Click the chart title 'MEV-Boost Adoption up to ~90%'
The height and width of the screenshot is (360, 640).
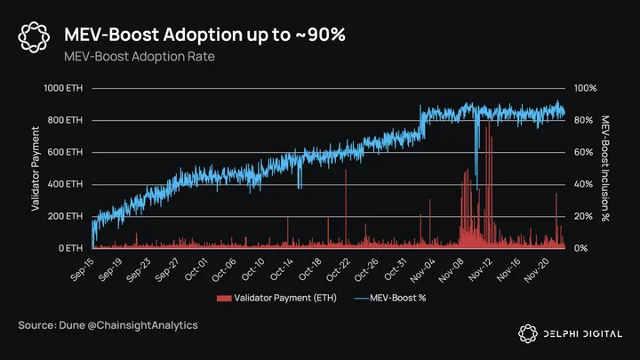205,35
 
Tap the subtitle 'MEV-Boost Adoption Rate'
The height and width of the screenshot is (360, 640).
140,56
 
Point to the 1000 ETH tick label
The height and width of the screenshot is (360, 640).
63,88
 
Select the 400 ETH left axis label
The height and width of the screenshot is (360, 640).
65,184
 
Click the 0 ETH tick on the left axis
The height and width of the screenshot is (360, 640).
70,248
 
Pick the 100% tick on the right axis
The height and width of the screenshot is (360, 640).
585,88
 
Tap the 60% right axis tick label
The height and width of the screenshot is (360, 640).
583,152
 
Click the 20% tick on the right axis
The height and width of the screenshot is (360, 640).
583,216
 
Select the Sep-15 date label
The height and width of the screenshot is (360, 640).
82,269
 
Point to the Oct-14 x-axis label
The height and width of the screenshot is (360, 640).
282,269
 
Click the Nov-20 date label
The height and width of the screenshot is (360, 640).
536,270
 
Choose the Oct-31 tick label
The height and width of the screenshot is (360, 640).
396,269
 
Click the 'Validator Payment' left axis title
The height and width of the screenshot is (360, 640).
36,169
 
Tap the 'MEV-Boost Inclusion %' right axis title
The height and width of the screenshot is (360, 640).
605,169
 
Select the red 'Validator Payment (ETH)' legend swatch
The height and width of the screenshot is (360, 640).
224,299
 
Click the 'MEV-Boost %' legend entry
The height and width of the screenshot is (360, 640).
390,299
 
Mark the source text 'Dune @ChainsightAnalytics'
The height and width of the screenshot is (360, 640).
128,325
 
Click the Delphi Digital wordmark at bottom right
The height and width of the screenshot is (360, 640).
583,334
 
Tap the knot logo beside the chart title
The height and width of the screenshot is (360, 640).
34,37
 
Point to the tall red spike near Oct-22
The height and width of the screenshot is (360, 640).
346,208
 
